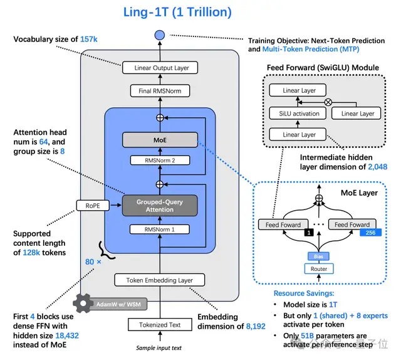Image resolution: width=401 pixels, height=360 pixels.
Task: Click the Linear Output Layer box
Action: (162, 67)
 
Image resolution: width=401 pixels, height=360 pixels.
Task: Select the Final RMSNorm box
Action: (162, 92)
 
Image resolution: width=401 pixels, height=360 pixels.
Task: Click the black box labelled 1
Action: (308, 233)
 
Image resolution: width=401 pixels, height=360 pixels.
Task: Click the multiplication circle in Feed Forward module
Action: (326, 101)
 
